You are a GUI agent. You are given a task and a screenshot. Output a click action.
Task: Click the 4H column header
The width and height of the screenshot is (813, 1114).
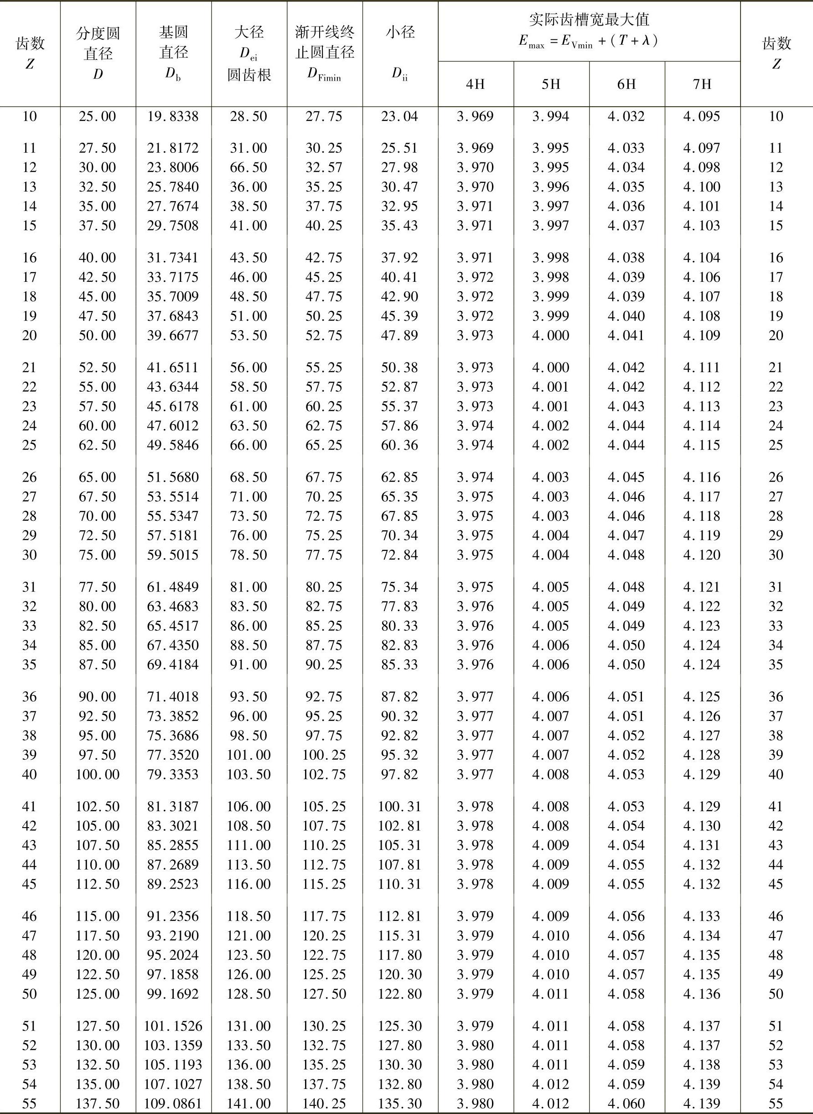point(476,84)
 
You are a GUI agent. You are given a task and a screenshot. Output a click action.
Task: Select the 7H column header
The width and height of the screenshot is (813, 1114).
point(702,84)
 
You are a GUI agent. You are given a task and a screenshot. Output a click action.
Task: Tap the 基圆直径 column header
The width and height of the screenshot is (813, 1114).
point(173,53)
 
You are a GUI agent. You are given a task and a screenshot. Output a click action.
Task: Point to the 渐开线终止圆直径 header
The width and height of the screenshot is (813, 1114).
point(324,53)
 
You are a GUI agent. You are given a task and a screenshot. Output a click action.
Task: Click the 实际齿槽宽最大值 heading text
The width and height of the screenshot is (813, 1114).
point(589,20)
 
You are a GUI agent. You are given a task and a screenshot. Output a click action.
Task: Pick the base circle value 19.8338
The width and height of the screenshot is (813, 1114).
point(173,117)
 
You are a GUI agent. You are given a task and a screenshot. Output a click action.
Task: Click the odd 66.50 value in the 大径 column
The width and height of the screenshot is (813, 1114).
point(249,167)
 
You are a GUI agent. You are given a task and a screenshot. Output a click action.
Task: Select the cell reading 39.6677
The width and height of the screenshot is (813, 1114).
point(173,336)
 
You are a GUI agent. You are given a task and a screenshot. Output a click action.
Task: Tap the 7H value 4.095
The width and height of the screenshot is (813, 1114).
point(702,117)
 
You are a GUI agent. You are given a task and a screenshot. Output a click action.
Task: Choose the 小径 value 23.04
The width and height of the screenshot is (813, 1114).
point(399,117)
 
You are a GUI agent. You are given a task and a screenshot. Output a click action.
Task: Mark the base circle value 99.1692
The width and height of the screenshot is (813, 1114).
point(173,994)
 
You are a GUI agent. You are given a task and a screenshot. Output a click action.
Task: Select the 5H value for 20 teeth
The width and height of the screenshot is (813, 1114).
point(551,336)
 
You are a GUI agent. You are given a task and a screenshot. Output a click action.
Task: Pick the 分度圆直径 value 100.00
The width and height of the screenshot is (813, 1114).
point(98,774)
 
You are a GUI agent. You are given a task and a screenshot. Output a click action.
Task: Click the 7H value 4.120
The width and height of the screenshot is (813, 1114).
point(702,554)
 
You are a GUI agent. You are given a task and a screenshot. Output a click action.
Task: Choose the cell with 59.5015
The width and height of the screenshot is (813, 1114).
point(173,554)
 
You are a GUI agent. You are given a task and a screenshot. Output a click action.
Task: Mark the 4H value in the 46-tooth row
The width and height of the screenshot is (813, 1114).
point(476,916)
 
